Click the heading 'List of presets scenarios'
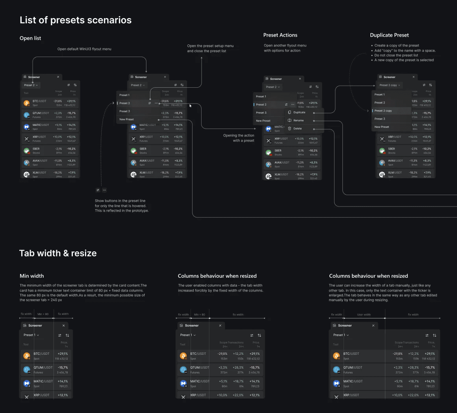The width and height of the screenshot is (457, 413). pos(76,20)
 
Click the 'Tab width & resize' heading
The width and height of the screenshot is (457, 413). pos(58,253)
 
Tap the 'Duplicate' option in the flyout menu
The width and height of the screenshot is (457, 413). pos(299,112)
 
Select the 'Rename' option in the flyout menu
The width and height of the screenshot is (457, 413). pos(298,120)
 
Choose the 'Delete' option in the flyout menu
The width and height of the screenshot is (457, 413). pos(298,129)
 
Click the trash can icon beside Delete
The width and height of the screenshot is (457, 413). pos(289,129)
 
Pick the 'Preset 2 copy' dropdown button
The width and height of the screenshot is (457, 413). pos(390,85)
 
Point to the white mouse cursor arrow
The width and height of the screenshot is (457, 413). pos(191,105)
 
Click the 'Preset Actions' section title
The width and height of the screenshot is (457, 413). pos(280,35)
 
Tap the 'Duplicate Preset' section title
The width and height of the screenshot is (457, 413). pos(389,35)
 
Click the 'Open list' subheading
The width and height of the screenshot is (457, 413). pos(30,38)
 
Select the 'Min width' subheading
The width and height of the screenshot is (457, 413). pos(32,276)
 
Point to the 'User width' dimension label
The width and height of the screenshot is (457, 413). pos(364,315)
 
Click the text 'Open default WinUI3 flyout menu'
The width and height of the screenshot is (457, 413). pos(84,49)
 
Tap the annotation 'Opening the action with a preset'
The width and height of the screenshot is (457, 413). pos(239,138)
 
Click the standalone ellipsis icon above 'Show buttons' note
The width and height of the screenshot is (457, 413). pos(104,190)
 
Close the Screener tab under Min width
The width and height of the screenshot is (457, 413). pos(64,326)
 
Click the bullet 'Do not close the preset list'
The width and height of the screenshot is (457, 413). pos(396,55)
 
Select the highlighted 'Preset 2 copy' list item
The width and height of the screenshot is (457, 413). pos(383,111)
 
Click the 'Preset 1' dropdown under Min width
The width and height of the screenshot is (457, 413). pos(31,335)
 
